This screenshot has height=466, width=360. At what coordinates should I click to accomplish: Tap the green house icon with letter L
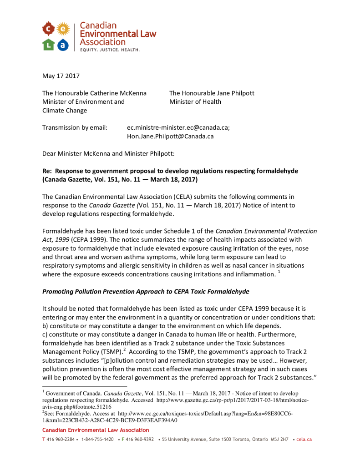pos(49,44)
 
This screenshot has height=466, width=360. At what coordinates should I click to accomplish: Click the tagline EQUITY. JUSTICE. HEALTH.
pos(110,49)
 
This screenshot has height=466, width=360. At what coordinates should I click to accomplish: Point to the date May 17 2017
pos(61,76)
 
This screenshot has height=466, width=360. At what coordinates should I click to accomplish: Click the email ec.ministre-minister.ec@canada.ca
pos(178,127)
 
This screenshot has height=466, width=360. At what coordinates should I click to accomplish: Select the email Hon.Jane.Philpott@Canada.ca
pos(170,136)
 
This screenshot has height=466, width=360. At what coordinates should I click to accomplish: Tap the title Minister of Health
pos(195,101)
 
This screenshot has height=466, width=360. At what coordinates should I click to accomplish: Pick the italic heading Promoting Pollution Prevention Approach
pos(146,291)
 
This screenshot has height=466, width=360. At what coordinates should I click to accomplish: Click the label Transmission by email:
pos(75,127)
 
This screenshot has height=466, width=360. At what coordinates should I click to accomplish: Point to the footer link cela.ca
pos(304,440)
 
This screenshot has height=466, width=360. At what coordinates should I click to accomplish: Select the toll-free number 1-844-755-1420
pos(97,440)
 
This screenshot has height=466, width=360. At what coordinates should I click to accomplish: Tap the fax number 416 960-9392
pos(140,440)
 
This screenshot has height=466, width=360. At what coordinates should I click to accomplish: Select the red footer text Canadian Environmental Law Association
pos(96,430)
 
